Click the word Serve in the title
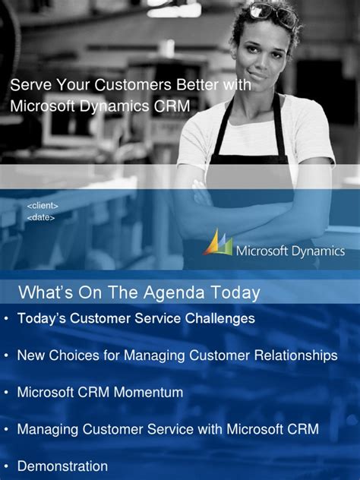pyautogui.click(x=29, y=85)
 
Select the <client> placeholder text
pyautogui.click(x=43, y=206)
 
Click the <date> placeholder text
pyautogui.click(x=41, y=217)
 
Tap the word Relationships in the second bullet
pyautogui.click(x=295, y=355)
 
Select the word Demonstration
pyautogui.click(x=62, y=466)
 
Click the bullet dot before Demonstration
pyautogui.click(x=6, y=466)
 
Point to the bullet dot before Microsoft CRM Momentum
pyautogui.click(x=6, y=392)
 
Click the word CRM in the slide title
pyautogui.click(x=172, y=106)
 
